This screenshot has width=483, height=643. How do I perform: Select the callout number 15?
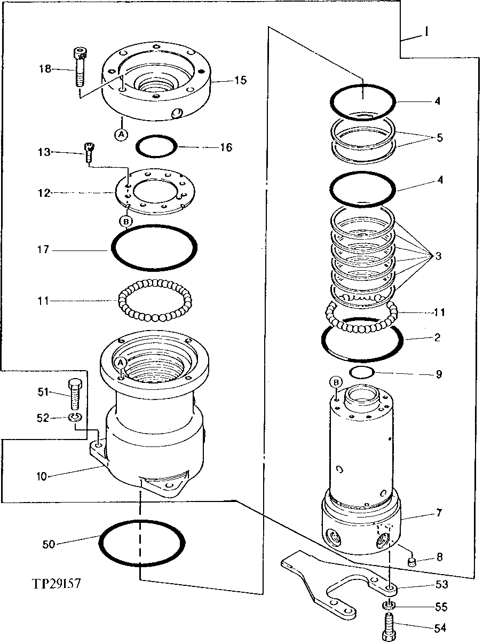pos(240,81)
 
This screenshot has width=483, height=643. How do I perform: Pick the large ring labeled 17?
pos(154,247)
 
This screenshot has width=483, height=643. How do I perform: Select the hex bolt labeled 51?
pos(75,393)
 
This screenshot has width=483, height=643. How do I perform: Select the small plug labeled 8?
pos(412,561)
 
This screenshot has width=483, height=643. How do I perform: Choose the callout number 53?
pos(441,584)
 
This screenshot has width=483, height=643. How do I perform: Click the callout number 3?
pos(438,256)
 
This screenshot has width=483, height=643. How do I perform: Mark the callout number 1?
pos(427,33)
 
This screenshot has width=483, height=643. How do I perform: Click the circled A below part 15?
pos(122,135)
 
